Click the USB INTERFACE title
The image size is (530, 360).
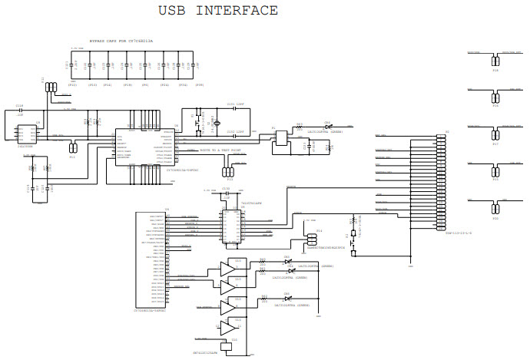pyautogui.click(x=218, y=11)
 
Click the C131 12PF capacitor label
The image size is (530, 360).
pyautogui.click(x=235, y=104)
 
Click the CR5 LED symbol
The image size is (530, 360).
pyautogui.click(x=288, y=262)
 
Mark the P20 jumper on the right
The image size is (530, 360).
pyautogui.click(x=495, y=208)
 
